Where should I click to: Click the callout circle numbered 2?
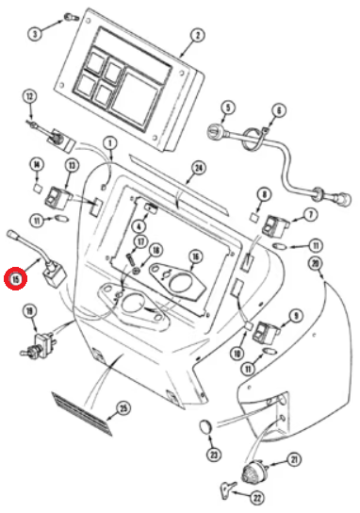point(197,35)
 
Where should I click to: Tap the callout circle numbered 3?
point(35,33)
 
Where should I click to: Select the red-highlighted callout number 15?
point(15,279)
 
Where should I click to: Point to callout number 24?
point(199,169)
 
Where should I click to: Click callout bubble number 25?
point(123,409)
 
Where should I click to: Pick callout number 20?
point(315,264)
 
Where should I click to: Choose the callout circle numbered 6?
point(279,111)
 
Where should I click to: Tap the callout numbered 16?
point(195,257)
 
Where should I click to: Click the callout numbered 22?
point(257,498)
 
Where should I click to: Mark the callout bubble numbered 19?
point(30,311)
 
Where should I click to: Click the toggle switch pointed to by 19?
point(39,344)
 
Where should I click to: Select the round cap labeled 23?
point(205,426)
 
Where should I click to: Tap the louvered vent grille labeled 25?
point(82,414)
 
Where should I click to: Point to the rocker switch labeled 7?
point(275,225)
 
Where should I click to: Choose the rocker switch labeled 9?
point(266,332)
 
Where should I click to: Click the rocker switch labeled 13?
point(59,198)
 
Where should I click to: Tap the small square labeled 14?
point(38,189)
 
